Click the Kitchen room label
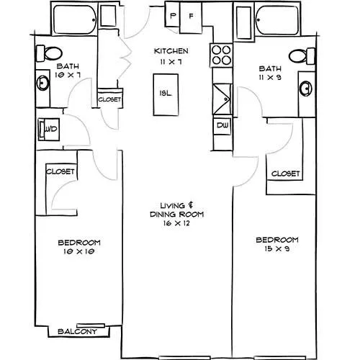coord(171,51)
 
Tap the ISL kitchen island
coord(166,95)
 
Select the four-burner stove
coord(221,55)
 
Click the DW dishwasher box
coord(222,125)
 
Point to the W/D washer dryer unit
coord(49,130)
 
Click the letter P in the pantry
coord(173,16)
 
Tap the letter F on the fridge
coord(191,16)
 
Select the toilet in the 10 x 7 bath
coord(49,53)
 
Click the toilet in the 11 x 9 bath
coord(302,56)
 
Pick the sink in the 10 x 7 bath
coord(43,83)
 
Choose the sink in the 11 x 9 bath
coord(306,89)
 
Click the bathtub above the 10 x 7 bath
coord(75,19)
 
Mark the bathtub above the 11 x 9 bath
coord(277,20)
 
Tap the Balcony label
coord(77,331)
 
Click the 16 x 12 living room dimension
coord(176,223)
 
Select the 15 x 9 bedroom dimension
coord(277,248)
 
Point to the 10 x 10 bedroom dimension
coord(79,251)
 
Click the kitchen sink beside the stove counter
coord(222,99)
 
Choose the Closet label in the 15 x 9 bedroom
coord(285,174)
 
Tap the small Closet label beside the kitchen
coord(109,99)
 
